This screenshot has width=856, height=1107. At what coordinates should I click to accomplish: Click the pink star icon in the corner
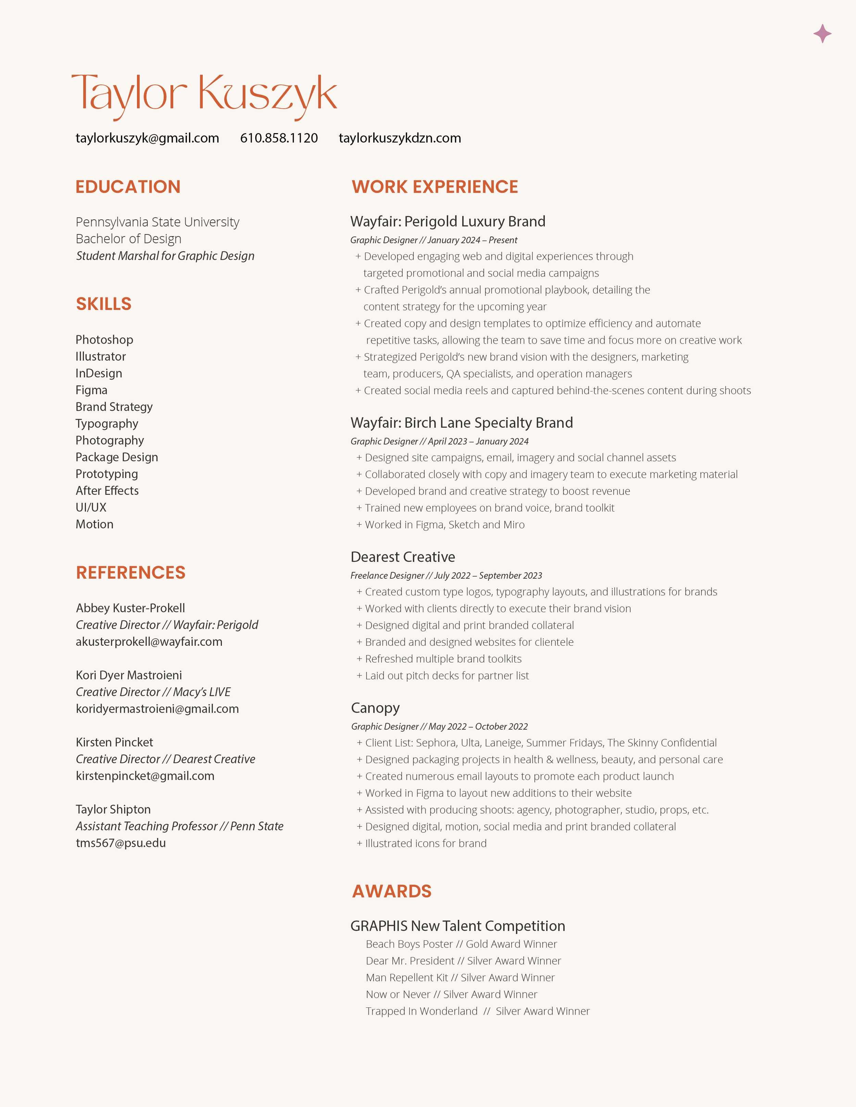pos(822,34)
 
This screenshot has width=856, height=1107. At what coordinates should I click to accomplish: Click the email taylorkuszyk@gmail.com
pos(147,138)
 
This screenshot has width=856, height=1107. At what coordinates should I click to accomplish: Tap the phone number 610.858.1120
pos(279,138)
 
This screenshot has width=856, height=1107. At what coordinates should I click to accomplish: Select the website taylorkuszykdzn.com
pos(400,138)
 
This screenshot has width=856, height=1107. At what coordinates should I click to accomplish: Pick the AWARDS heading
pos(391,891)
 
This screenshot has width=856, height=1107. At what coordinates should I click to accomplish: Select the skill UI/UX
pos(91,507)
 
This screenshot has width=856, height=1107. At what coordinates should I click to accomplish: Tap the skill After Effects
pos(107,491)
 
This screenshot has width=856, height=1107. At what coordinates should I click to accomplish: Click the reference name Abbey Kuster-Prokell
pos(130,608)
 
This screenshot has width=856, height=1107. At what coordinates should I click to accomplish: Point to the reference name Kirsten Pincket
pos(114,742)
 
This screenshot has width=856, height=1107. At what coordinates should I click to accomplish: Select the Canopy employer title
pos(375,708)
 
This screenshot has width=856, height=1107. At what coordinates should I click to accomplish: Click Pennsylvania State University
pos(157,222)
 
